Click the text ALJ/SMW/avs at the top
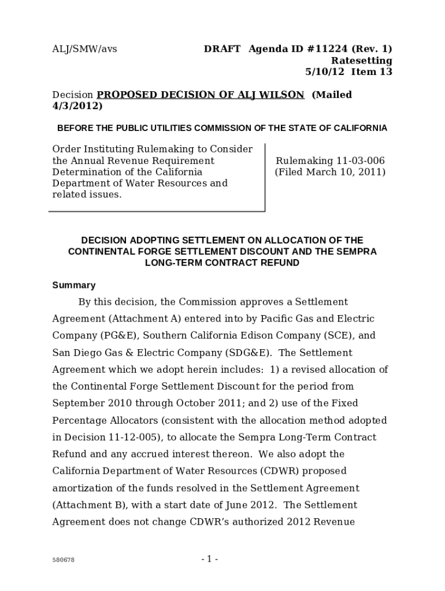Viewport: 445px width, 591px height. [84, 49]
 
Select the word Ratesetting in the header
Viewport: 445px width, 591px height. [361, 61]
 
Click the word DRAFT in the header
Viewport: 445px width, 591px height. [222, 49]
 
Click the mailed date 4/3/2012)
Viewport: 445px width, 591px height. [77, 106]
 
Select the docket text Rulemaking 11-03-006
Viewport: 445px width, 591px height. [330, 161]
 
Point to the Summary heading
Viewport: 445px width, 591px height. [74, 285]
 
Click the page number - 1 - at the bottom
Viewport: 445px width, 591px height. [210, 559]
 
